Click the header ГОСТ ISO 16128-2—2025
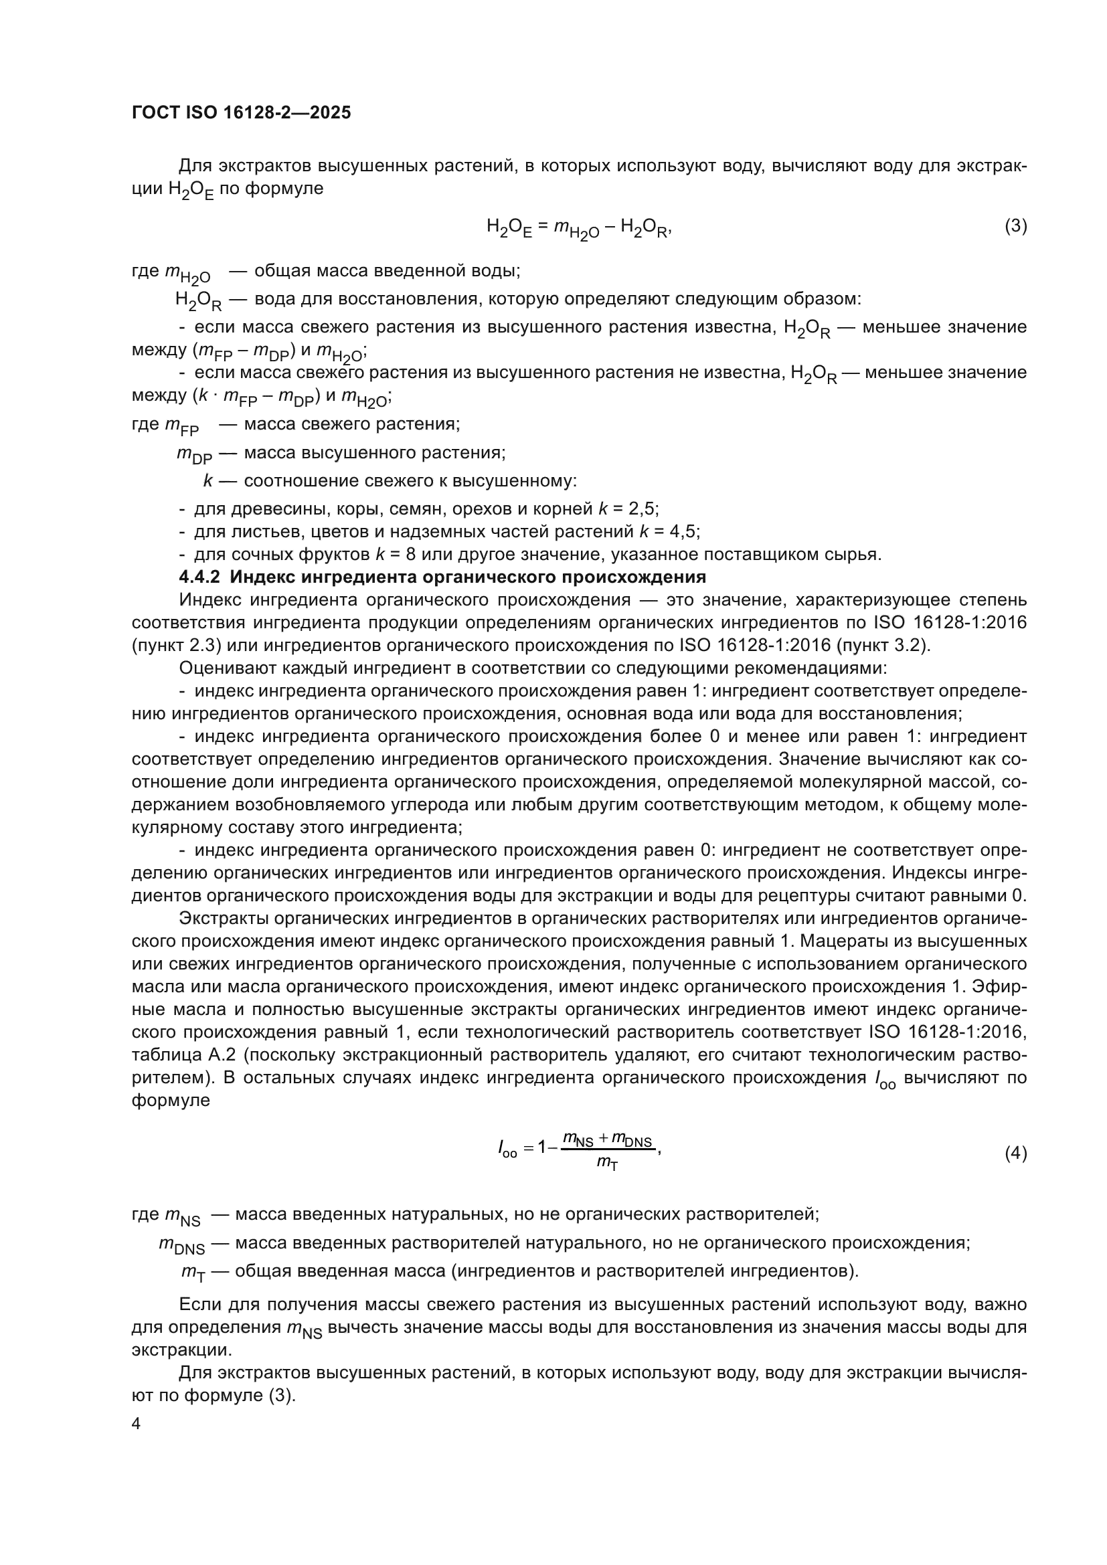(242, 112)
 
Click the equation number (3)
(1016, 225)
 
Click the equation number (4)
(1016, 1154)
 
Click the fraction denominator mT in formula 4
(606, 1163)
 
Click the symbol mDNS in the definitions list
(181, 1244)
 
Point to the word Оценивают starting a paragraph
(222, 668)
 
